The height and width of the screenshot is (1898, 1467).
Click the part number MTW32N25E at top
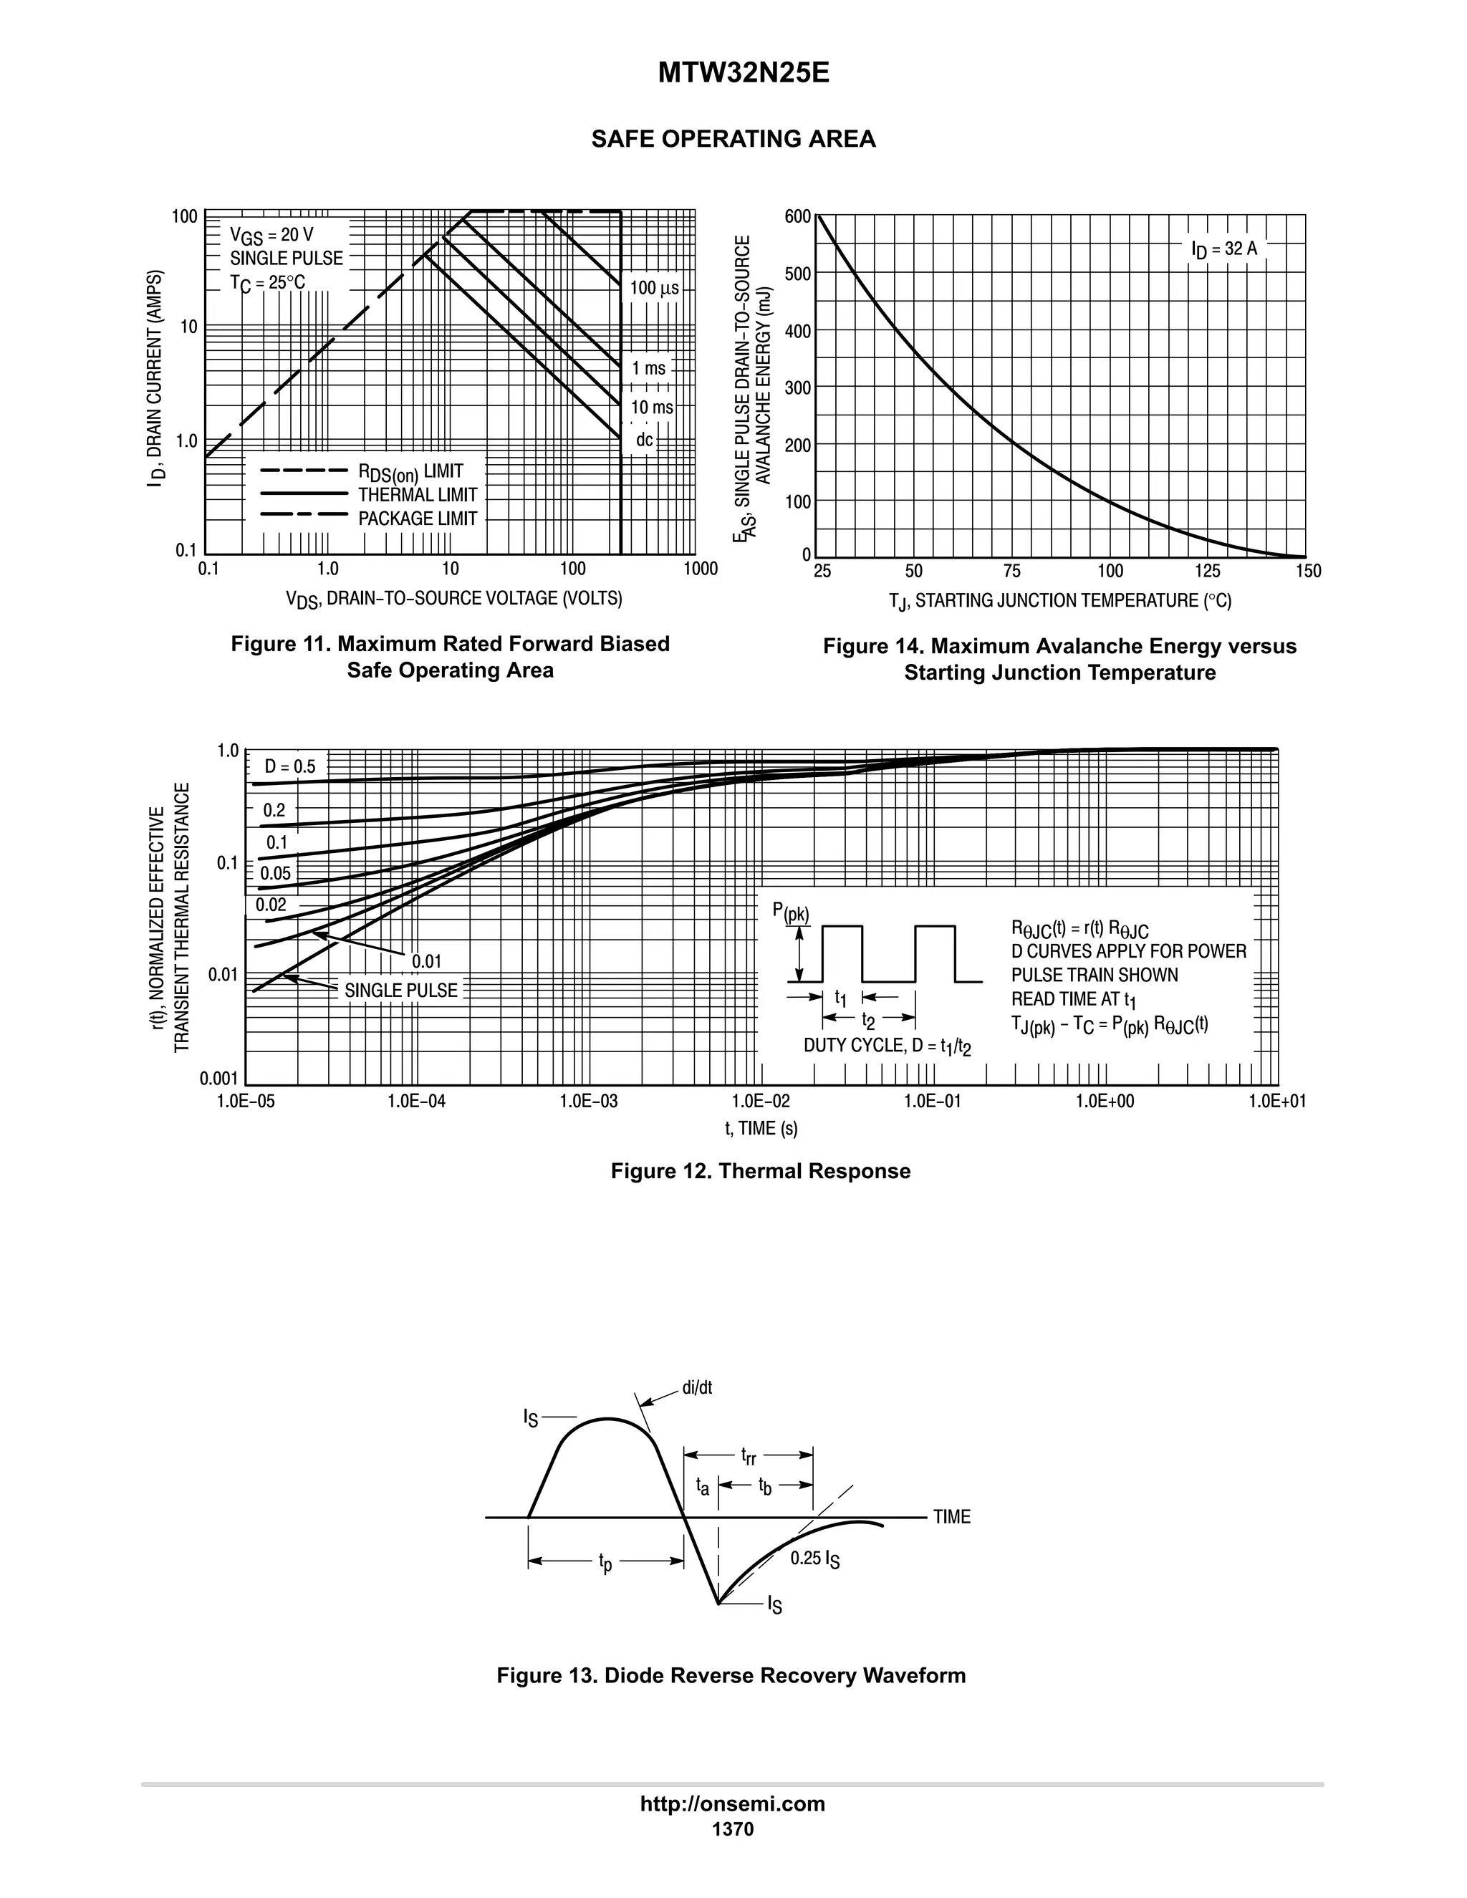743,73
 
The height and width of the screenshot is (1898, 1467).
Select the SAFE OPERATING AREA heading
733,139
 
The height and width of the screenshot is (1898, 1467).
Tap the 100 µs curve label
653,288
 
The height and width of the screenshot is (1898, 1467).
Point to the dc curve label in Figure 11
644,440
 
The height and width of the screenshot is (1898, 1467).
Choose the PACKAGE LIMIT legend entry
417,519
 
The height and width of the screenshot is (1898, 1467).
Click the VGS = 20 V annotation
271,235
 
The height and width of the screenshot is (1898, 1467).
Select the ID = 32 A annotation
1223,249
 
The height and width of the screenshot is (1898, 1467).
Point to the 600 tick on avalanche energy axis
797,216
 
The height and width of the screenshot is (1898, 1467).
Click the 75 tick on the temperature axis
1011,571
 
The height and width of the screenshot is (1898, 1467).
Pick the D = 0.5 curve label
290,766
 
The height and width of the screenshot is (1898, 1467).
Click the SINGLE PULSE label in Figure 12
400,990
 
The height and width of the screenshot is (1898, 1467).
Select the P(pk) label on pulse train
790,912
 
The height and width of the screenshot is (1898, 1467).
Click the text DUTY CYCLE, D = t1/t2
887,1046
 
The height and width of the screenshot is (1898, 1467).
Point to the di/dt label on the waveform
696,1388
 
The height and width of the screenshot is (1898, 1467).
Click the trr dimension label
747,1455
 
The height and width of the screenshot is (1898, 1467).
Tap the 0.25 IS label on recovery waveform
814,1559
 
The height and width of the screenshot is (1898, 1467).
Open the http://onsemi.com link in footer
733,1803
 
